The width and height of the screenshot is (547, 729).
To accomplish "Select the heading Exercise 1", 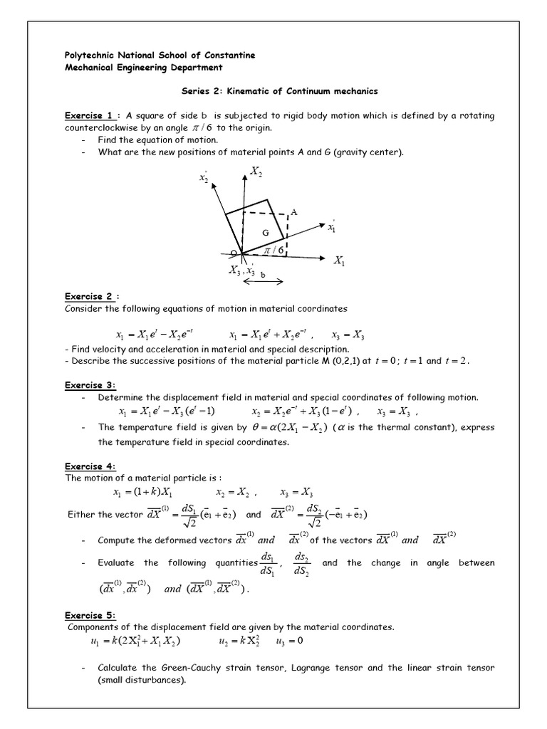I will pyautogui.click(x=90, y=115).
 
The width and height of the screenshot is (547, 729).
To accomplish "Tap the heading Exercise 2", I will pyautogui.click(x=90, y=296).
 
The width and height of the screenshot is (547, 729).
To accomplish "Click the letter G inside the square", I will pyautogui.click(x=265, y=231).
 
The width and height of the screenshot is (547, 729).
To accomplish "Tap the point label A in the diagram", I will pyautogui.click(x=293, y=212).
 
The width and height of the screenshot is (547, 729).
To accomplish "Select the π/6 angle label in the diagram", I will pyautogui.click(x=274, y=251).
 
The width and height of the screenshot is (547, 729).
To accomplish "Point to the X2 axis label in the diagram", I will pyautogui.click(x=257, y=170).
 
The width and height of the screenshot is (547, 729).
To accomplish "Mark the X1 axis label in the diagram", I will pyautogui.click(x=339, y=262).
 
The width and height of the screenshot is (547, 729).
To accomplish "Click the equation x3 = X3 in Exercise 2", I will pyautogui.click(x=348, y=335).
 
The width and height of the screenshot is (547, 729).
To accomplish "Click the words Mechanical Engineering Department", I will pyautogui.click(x=143, y=68).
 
